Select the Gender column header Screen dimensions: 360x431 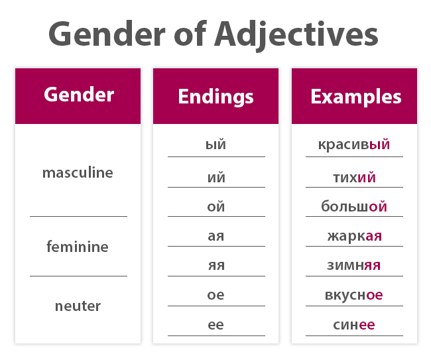(x=79, y=94)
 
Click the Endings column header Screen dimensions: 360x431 (x=215, y=97)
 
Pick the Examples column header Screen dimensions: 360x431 (x=355, y=97)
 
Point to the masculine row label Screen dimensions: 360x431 (x=78, y=173)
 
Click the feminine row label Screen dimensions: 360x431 (x=78, y=247)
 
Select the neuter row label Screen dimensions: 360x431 (x=78, y=306)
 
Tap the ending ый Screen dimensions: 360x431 (x=215, y=145)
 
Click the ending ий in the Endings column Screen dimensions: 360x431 (x=215, y=178)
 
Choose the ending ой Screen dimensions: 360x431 (x=215, y=207)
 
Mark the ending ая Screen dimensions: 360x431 (x=215, y=236)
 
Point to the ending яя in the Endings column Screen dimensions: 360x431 (x=215, y=266)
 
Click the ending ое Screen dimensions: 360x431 (x=215, y=295)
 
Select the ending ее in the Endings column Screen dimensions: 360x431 (x=215, y=325)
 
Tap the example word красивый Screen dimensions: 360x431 (x=354, y=145)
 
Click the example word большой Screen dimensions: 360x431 (x=354, y=207)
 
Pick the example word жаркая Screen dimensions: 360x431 (x=354, y=236)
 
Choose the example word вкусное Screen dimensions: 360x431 (x=354, y=295)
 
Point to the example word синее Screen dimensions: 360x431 (x=354, y=325)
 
